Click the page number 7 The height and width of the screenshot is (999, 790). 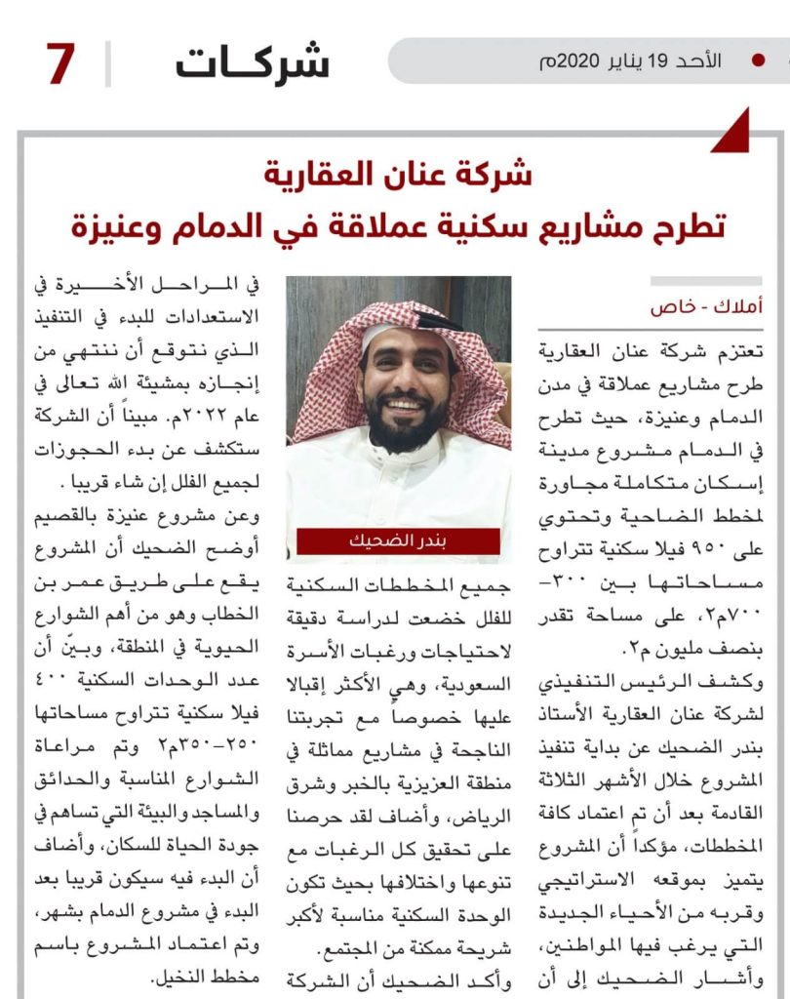tap(60, 64)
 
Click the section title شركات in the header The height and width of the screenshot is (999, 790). tap(253, 63)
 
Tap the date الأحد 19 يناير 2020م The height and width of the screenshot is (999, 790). tap(631, 60)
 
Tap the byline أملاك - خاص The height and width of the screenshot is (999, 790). tap(707, 306)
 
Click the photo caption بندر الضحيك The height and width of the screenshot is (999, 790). tap(398, 541)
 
